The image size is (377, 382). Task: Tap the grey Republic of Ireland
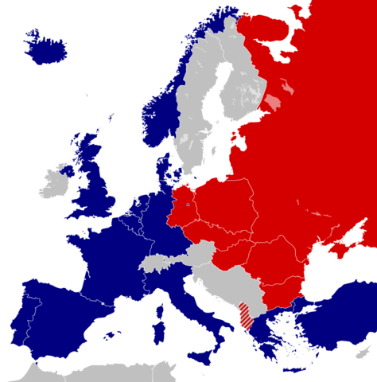55,182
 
